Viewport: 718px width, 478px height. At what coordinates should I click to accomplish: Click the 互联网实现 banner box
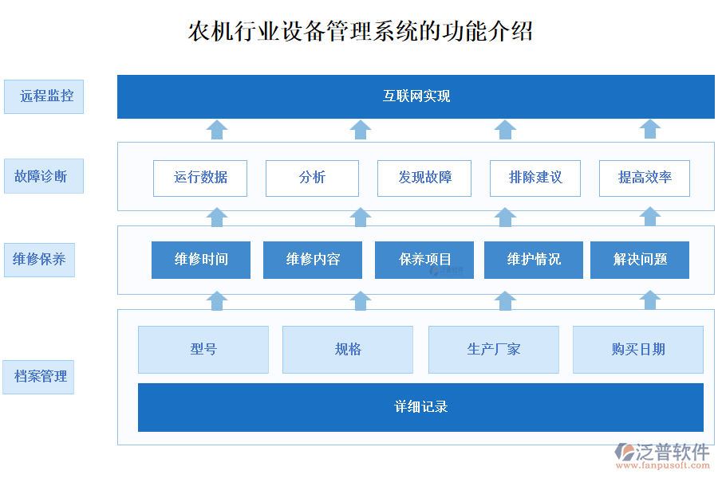(x=416, y=96)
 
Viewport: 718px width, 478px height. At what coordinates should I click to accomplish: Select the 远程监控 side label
(x=44, y=96)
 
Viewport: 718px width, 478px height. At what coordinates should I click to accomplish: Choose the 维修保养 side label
(x=39, y=260)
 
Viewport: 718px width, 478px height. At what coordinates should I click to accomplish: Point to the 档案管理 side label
(x=39, y=376)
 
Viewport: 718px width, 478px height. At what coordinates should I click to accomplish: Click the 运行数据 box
(x=200, y=178)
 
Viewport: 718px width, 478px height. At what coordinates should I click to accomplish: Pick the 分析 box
(x=312, y=178)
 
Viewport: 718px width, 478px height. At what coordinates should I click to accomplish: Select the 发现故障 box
(x=424, y=178)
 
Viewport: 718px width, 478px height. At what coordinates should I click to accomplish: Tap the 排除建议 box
(x=536, y=178)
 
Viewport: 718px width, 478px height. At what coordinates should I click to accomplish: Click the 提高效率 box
(x=645, y=178)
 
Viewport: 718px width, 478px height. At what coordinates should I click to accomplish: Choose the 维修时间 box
(x=201, y=260)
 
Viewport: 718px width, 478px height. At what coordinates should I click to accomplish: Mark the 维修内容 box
(x=313, y=260)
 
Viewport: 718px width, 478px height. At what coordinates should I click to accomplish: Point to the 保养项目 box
(x=424, y=260)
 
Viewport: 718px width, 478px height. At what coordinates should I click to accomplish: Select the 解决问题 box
(x=640, y=260)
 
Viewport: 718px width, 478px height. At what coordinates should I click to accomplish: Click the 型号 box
(x=203, y=349)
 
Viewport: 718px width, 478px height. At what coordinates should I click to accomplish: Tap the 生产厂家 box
(x=494, y=349)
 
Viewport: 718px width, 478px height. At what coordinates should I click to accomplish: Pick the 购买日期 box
(x=638, y=349)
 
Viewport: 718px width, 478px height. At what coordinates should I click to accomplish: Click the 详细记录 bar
(x=420, y=407)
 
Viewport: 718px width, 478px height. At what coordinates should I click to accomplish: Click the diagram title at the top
(x=360, y=31)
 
